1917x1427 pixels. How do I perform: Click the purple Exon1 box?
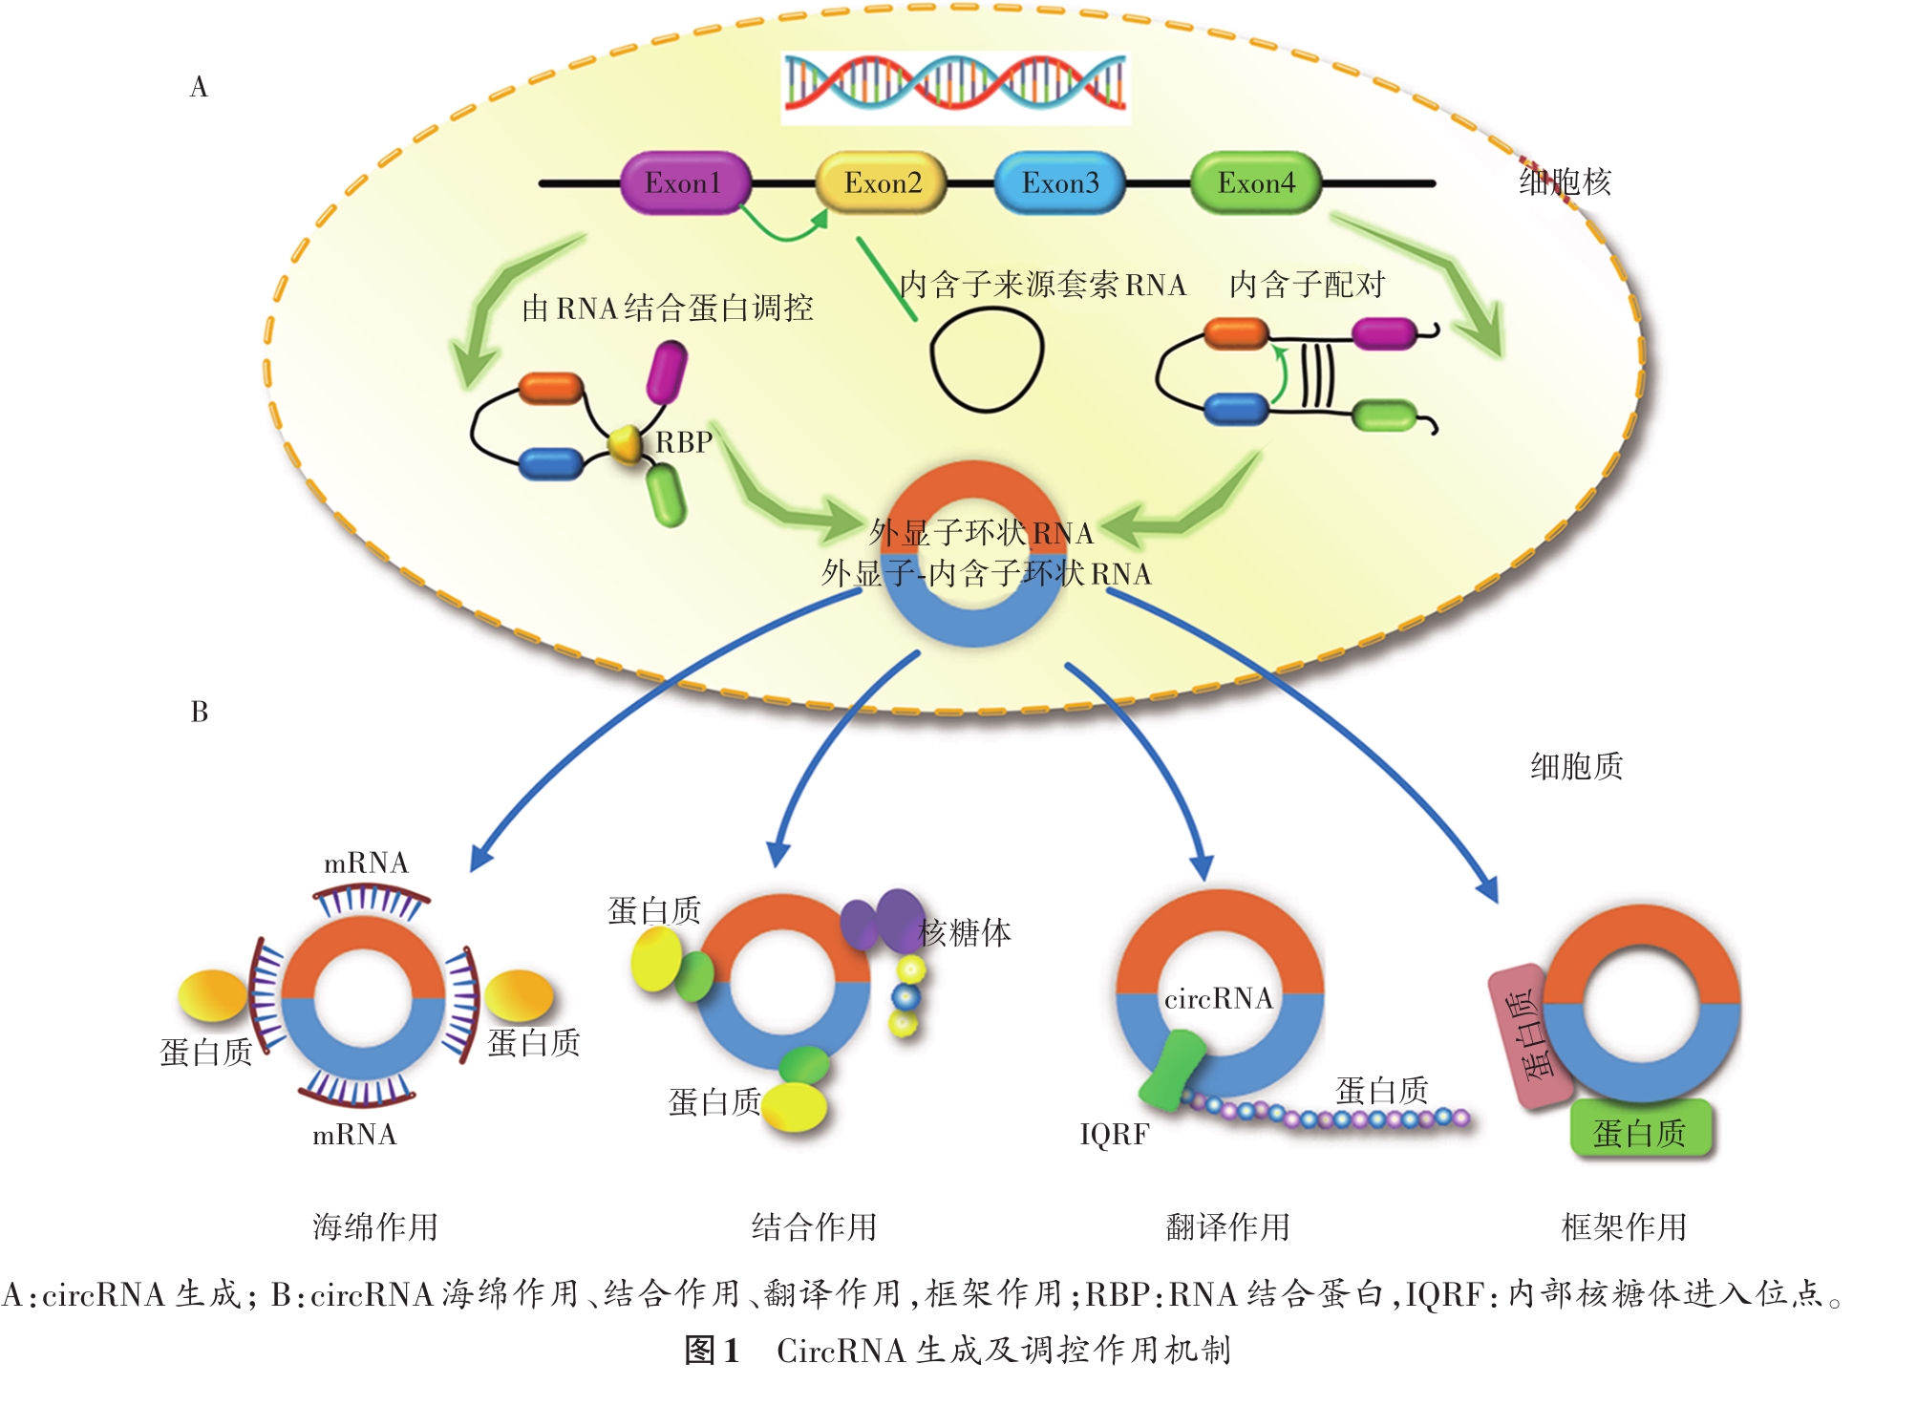683,182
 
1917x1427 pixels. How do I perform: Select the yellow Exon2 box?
882,182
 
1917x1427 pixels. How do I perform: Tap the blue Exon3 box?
1059,182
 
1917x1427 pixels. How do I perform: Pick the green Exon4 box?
1256,182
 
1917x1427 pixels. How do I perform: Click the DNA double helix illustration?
955,86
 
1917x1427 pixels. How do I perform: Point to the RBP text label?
684,442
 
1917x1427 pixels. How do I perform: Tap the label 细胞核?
1565,181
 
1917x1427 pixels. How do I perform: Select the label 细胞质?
1576,766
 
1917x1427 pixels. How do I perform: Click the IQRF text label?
1114,1134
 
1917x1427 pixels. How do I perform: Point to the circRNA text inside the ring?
1218,998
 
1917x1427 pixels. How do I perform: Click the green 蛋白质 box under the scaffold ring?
1640,1133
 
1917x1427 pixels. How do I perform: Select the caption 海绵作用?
375,1226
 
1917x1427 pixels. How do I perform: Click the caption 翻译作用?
1227,1226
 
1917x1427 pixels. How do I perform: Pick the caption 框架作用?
1624,1226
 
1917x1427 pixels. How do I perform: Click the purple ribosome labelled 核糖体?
884,920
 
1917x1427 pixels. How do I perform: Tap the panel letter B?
199,712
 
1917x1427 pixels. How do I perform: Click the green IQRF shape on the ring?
1174,1070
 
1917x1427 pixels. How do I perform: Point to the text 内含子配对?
1306,285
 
